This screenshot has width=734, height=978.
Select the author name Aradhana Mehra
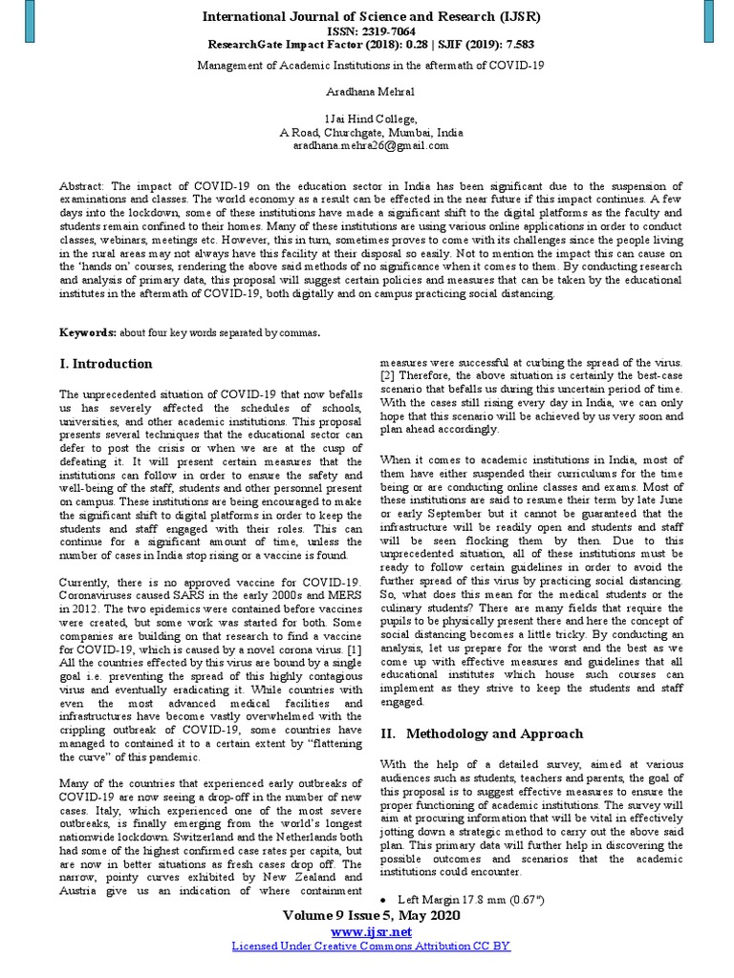pos(357,92)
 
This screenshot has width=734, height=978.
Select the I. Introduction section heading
pos(105,364)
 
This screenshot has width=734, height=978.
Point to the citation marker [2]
pos(387,376)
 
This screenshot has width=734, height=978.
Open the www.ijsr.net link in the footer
pos(370,931)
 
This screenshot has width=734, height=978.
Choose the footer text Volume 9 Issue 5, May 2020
pos(370,915)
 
